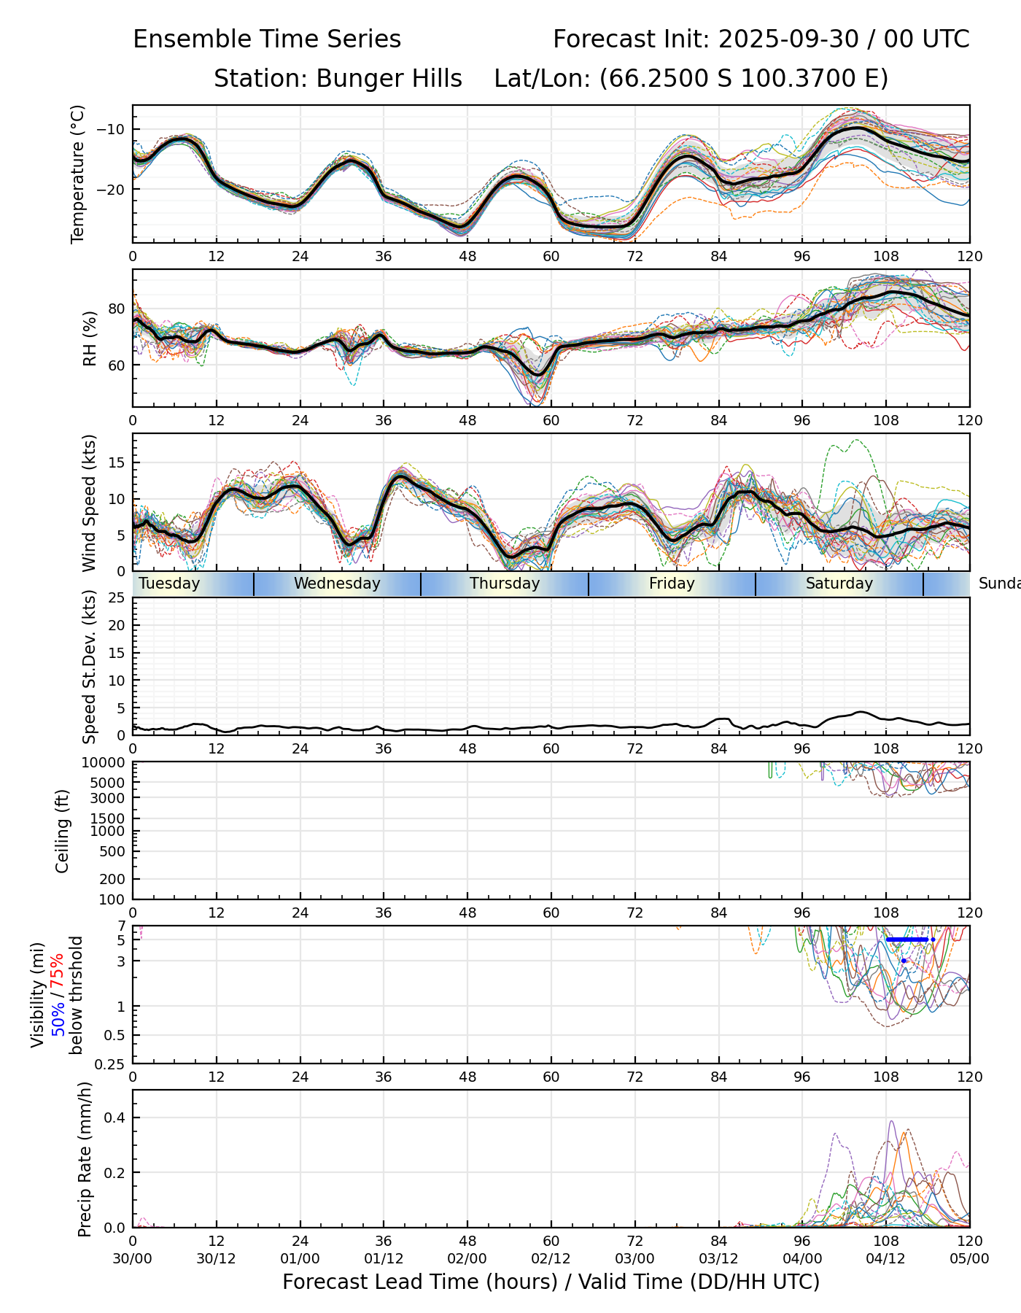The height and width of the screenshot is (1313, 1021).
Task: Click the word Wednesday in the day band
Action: point(337,584)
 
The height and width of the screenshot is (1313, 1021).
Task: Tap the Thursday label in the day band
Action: point(505,584)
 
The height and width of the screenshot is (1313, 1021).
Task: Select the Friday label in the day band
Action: point(672,584)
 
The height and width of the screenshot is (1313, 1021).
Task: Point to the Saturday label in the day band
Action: point(839,584)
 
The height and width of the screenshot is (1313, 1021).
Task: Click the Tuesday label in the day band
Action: point(169,584)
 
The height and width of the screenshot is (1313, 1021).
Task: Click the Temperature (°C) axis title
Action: point(78,174)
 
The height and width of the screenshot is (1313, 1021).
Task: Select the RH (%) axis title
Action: point(90,338)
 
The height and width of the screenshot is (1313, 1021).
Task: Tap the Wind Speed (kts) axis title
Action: point(89,503)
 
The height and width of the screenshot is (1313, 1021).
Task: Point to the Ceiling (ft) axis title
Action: point(63,831)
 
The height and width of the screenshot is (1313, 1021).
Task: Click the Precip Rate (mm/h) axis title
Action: point(85,1159)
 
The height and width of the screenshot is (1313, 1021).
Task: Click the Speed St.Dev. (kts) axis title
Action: point(89,667)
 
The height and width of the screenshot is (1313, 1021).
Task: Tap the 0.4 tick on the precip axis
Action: point(117,1118)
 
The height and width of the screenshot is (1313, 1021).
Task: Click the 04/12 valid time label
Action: point(886,1258)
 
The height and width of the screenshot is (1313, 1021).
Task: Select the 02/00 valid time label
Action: point(467,1258)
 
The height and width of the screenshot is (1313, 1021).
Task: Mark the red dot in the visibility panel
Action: point(904,961)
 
